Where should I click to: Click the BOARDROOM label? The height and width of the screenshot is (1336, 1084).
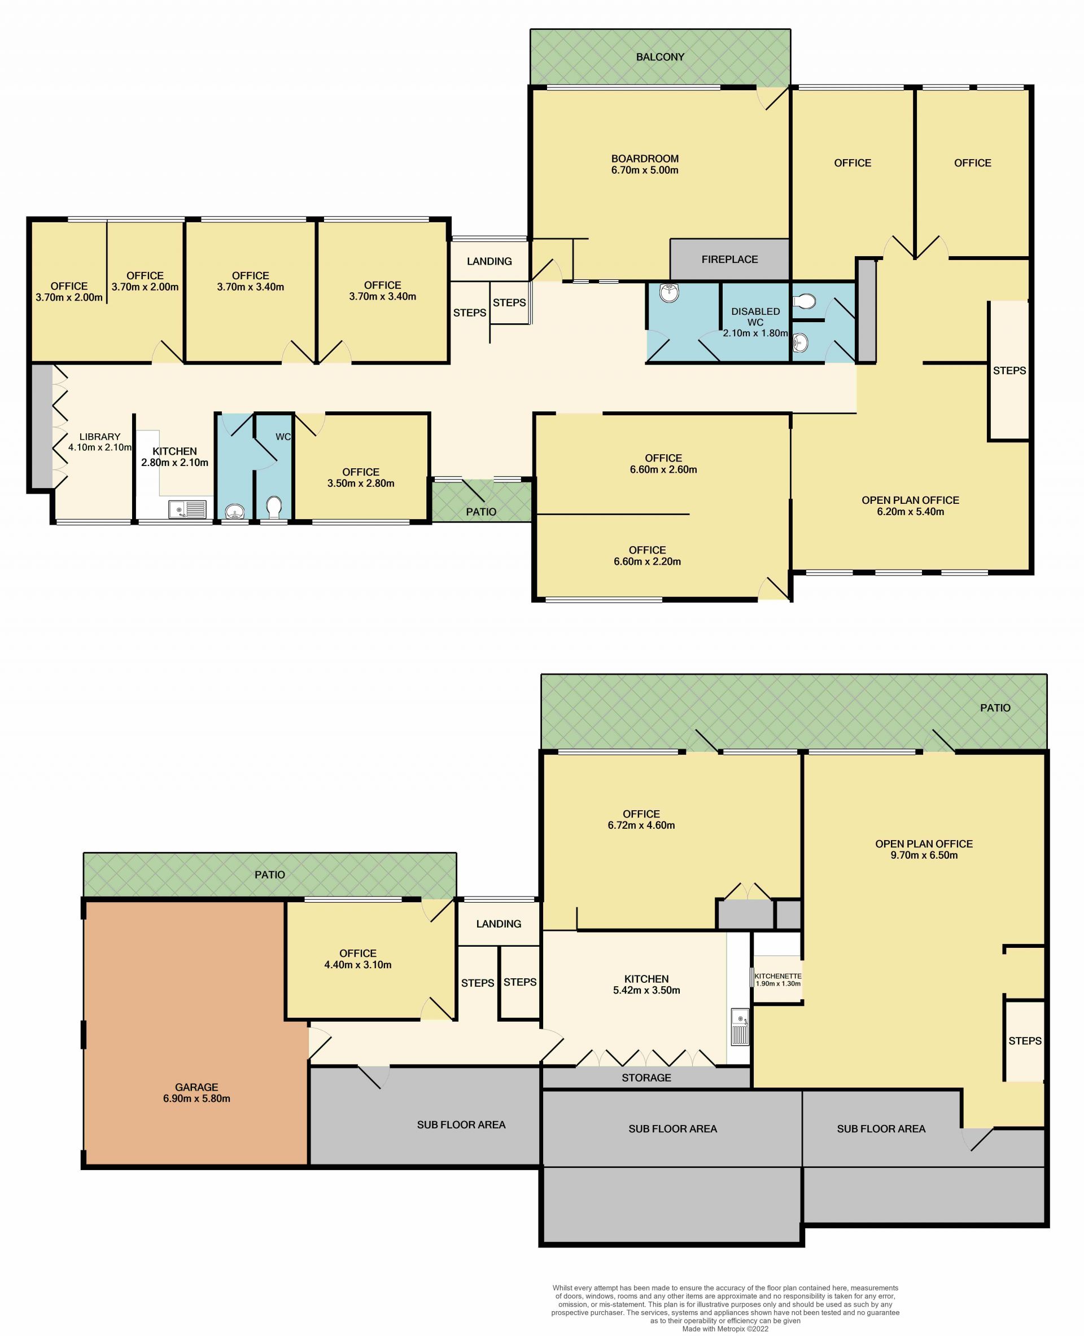644,159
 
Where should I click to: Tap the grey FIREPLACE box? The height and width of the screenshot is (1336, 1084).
729,259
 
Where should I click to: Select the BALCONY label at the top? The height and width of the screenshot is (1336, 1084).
660,57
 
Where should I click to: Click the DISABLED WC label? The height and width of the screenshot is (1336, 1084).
755,317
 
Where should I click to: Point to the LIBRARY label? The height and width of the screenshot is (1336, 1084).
100,437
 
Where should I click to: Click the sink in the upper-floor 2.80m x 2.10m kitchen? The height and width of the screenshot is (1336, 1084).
187,510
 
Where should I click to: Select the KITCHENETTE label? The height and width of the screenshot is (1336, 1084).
777,976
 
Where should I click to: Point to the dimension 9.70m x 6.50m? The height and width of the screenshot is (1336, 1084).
924,855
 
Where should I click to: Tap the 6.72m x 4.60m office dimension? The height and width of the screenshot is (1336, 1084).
641,825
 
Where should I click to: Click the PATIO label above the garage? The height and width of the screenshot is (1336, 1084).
270,875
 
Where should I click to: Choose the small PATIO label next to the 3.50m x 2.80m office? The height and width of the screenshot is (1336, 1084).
481,512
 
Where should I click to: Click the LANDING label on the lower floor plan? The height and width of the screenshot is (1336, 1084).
499,924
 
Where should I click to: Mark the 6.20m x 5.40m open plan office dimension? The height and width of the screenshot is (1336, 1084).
911,512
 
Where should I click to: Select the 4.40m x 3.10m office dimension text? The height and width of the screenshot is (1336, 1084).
358,965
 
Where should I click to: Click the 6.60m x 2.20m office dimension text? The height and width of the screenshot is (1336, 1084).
647,561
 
